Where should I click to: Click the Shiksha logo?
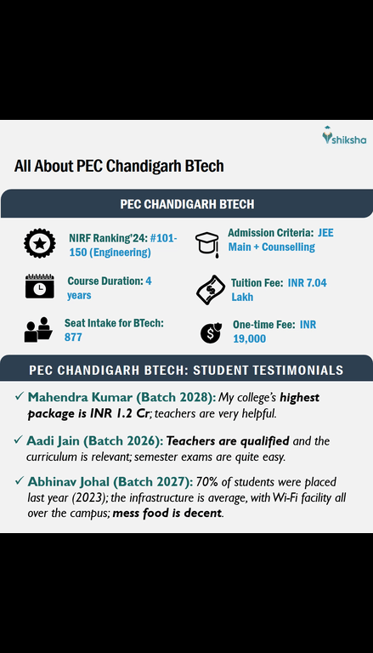(x=340, y=137)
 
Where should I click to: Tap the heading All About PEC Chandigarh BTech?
(x=119, y=166)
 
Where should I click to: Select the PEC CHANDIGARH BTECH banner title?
(x=185, y=204)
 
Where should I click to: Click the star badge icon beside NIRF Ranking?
(x=40, y=244)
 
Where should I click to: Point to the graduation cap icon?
(x=206, y=244)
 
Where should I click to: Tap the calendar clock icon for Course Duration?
(x=39, y=287)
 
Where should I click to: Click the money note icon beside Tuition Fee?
(x=208, y=290)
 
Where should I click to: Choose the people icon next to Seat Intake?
(x=38, y=329)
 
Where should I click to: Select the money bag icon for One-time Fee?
(x=211, y=332)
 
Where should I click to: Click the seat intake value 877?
(x=75, y=337)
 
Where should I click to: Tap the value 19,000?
(x=250, y=338)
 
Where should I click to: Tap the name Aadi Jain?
(x=55, y=440)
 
